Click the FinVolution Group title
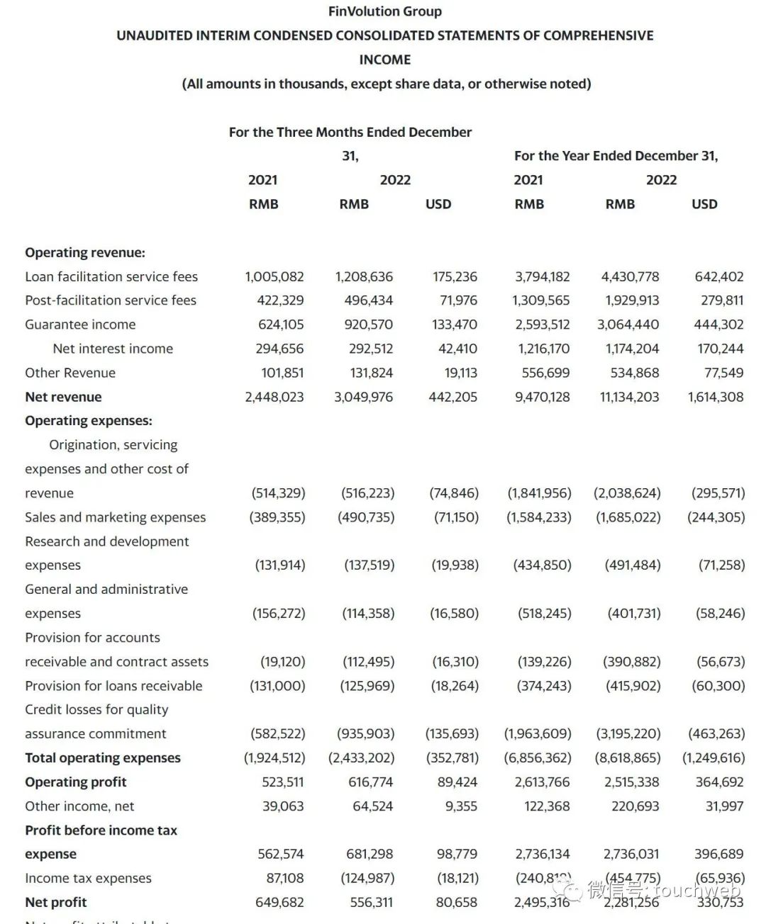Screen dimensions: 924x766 [x=384, y=11]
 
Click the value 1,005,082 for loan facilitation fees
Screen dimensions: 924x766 [x=274, y=276]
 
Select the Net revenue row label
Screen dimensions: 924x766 [x=63, y=397]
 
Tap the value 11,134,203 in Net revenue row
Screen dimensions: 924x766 [x=629, y=397]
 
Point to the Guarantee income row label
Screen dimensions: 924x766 [x=80, y=325]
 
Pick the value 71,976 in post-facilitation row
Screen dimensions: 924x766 [x=458, y=300]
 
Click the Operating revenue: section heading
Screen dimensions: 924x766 [x=85, y=252]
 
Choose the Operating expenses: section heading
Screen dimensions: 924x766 [x=89, y=421]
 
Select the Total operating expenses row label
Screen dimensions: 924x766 [x=103, y=758]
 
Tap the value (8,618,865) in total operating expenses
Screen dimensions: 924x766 [x=628, y=758]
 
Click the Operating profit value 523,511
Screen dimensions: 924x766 [x=283, y=782]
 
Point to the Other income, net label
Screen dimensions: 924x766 [x=79, y=806]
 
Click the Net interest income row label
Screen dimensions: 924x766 [x=113, y=349]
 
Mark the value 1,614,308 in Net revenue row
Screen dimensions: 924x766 [x=716, y=397]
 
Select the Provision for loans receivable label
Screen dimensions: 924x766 [x=113, y=686]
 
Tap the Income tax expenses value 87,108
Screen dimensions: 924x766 [x=284, y=879]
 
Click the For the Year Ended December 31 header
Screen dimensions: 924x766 [x=616, y=156]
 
